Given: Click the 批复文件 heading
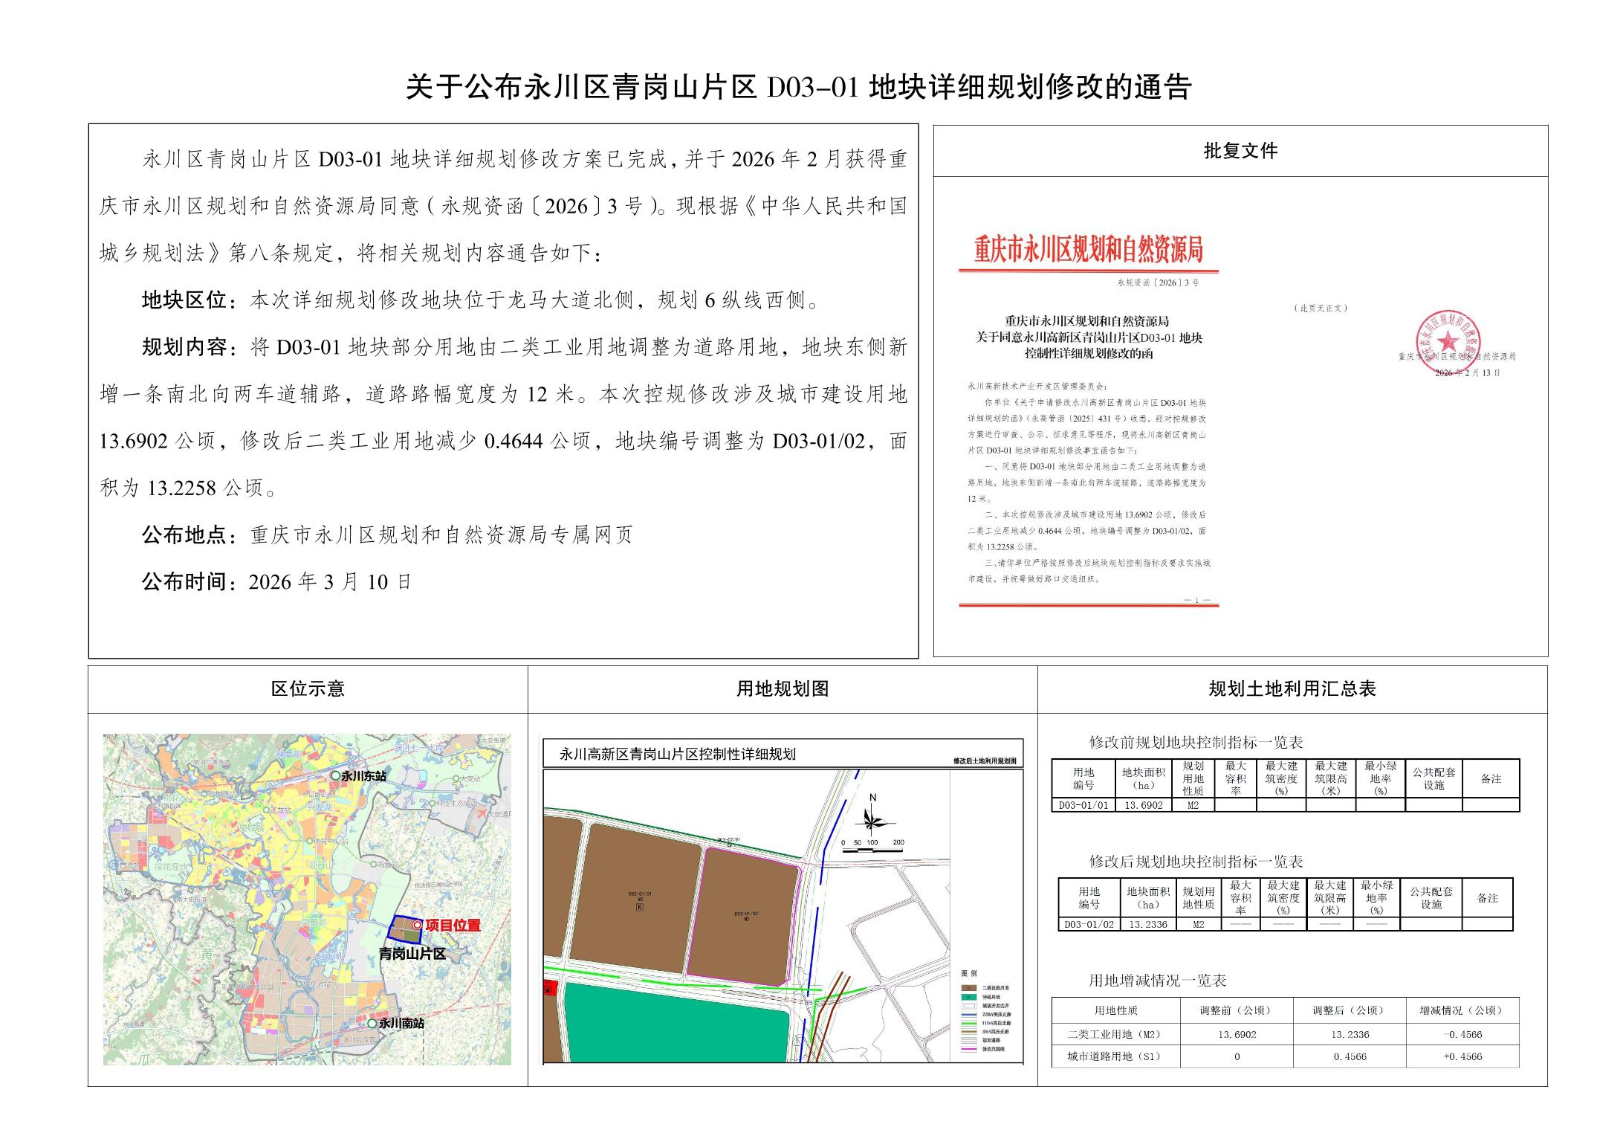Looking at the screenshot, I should click(1240, 151).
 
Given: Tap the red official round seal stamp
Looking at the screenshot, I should click(1447, 341).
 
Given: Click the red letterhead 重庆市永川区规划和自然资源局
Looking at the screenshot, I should click(1089, 251).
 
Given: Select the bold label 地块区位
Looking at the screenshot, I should click(184, 300).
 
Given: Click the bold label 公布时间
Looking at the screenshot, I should click(184, 581).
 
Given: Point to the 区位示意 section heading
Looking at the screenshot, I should click(308, 689).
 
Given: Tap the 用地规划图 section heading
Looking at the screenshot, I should click(783, 689).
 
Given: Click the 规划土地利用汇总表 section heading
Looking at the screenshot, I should click(1292, 689).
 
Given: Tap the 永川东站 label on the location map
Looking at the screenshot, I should click(363, 776).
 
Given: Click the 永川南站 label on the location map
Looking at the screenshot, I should click(401, 1023).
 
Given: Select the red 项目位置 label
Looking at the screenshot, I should click(453, 926).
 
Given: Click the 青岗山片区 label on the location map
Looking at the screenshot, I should click(412, 954).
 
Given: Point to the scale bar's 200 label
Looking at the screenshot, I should click(898, 843).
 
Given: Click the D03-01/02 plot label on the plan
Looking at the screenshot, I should click(746, 913).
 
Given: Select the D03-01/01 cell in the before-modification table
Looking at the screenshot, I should click(1083, 805).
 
